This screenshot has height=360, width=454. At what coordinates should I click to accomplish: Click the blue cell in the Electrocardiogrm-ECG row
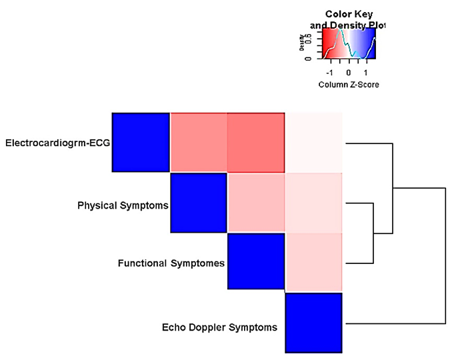coord(141,142)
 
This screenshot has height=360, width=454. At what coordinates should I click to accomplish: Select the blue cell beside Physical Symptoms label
coord(199,203)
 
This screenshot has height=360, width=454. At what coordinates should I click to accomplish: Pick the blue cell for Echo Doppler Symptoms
coord(313,323)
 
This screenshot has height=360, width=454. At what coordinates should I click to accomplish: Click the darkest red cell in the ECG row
coord(256,142)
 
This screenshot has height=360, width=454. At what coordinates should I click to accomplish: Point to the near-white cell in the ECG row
coord(314,142)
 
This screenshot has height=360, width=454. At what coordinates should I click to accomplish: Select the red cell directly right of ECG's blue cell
coord(199,142)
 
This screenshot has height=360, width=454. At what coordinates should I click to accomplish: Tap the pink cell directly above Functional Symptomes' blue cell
coord(256,203)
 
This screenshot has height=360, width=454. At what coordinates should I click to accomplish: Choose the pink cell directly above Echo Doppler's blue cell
coord(314,261)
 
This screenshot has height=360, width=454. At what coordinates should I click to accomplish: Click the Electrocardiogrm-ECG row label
coord(57,143)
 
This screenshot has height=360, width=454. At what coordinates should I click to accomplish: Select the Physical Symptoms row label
coord(123,205)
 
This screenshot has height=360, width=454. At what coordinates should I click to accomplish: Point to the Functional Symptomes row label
coord(172,263)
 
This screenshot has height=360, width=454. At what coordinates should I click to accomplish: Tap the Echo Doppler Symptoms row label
coord(219,327)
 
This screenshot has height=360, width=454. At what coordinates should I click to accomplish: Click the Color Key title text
coord(348,14)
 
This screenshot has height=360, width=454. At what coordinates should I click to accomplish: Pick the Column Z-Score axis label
coord(348,85)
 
